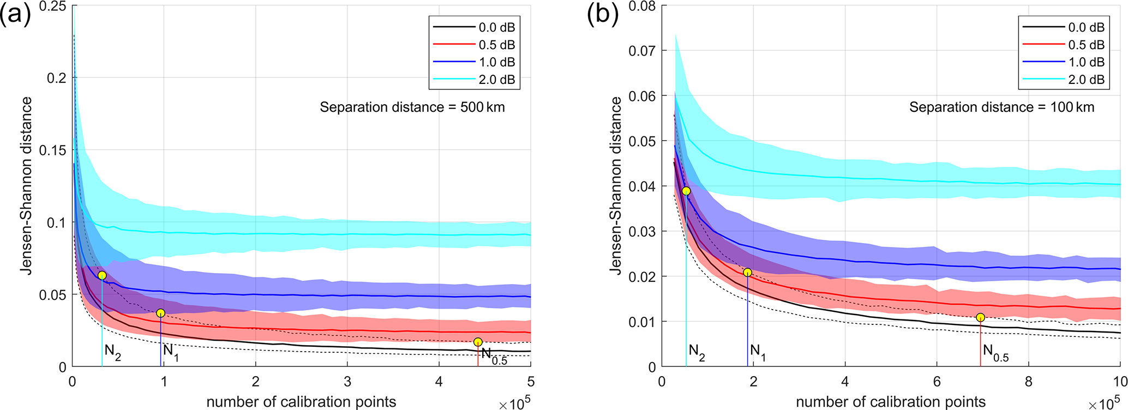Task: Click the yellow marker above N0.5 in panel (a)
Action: click(478, 342)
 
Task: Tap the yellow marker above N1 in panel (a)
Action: click(160, 313)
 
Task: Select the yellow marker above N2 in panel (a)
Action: click(102, 275)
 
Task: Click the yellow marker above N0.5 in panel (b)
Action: click(980, 317)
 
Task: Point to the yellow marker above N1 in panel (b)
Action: click(747, 272)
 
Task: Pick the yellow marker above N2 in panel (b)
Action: click(686, 191)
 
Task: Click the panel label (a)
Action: click(15, 15)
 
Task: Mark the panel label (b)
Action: click(603, 15)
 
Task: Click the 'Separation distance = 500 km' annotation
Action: click(412, 107)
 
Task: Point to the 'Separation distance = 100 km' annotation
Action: click(1001, 107)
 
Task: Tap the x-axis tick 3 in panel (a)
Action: click(347, 381)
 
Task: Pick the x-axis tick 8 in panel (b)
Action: click(1028, 381)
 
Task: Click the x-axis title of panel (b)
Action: click(891, 402)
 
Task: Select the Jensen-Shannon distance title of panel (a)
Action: click(27, 185)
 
